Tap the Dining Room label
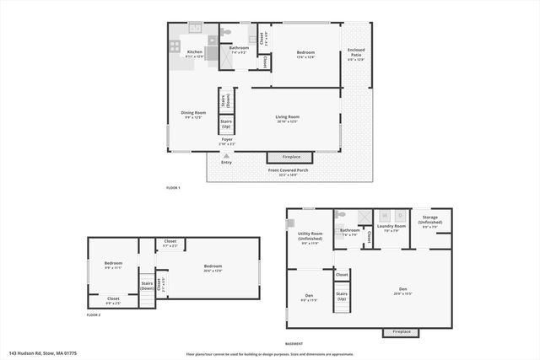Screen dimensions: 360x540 coord(193,114)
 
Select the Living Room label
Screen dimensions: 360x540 coord(288,119)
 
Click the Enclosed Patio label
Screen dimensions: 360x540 coord(356,54)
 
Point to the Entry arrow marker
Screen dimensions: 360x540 coord(226,156)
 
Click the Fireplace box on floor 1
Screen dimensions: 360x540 coord(290,157)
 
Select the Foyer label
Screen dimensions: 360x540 coord(227,142)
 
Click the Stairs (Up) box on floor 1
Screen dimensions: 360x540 coord(226,123)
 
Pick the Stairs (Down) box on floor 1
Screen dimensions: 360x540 coord(226,99)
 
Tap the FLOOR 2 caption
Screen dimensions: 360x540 coord(94,314)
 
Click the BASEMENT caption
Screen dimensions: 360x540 coord(294,344)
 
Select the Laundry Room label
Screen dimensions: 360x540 coord(391,228)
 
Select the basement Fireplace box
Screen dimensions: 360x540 coord(400,332)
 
